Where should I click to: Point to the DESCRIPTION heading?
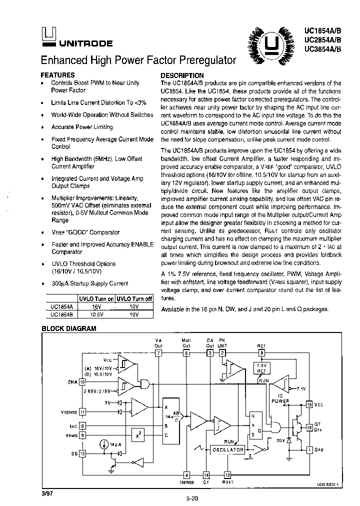(182, 75)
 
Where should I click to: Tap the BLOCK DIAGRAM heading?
(68, 328)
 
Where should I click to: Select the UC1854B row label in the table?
(61, 315)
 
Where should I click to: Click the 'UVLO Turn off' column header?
(134, 298)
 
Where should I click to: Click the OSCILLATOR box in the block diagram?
(227, 449)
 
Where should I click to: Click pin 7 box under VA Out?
(158, 353)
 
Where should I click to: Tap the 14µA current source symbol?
(103, 443)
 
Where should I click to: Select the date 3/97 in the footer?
(46, 492)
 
